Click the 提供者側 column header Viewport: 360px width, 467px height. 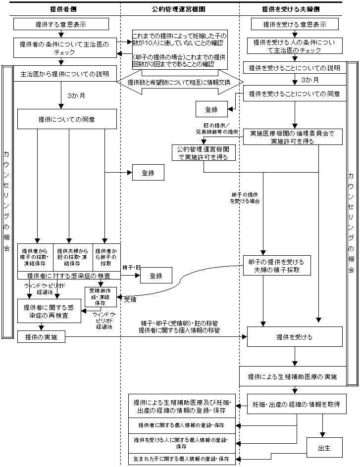61,9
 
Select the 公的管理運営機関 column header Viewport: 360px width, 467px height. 179,9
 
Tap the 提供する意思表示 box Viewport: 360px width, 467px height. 61,24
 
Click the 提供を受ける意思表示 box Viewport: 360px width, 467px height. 295,24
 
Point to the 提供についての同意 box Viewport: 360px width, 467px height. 67,119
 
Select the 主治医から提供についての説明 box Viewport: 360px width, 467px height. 65,74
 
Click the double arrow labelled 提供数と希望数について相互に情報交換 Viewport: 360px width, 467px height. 179,82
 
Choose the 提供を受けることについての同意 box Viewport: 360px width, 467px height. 295,93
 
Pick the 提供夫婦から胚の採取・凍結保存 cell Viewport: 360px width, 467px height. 72,257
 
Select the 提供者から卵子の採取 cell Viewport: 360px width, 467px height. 106,257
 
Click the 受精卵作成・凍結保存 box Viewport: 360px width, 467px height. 101,296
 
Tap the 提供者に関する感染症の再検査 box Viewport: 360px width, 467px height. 49,311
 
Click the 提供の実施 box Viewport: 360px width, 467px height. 41,337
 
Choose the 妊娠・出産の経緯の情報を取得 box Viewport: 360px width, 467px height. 296,404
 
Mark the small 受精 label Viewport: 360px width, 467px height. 131,300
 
